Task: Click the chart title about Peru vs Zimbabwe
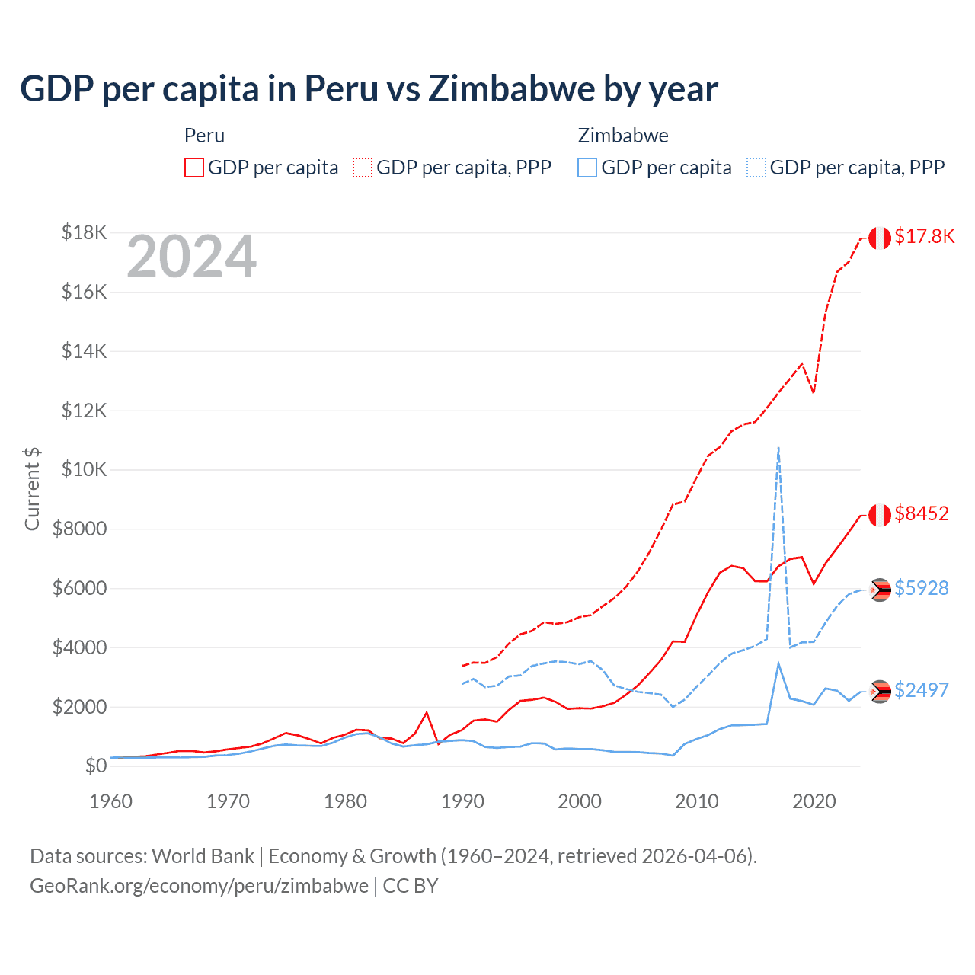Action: tap(369, 89)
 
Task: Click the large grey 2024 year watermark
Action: tap(191, 257)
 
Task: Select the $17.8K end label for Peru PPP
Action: tap(924, 237)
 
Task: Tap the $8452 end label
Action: tap(922, 514)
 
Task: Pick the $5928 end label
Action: tap(922, 589)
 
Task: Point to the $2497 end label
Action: tap(922, 691)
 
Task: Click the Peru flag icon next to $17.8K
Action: tap(880, 238)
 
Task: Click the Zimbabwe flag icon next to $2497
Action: tap(881, 692)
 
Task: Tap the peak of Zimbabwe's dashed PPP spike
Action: tap(778, 448)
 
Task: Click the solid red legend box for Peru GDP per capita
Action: tap(194, 168)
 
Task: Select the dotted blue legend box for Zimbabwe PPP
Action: tap(756, 168)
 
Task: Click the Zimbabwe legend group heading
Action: tap(623, 136)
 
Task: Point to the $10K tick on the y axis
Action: tap(84, 470)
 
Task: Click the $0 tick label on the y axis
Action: tap(95, 766)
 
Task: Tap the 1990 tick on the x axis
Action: tap(462, 801)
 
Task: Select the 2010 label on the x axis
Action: tap(697, 801)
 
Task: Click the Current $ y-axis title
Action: tap(32, 489)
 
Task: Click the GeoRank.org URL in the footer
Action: tap(199, 886)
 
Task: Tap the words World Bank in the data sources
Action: tap(203, 856)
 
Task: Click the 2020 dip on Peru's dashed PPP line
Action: tap(814, 392)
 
